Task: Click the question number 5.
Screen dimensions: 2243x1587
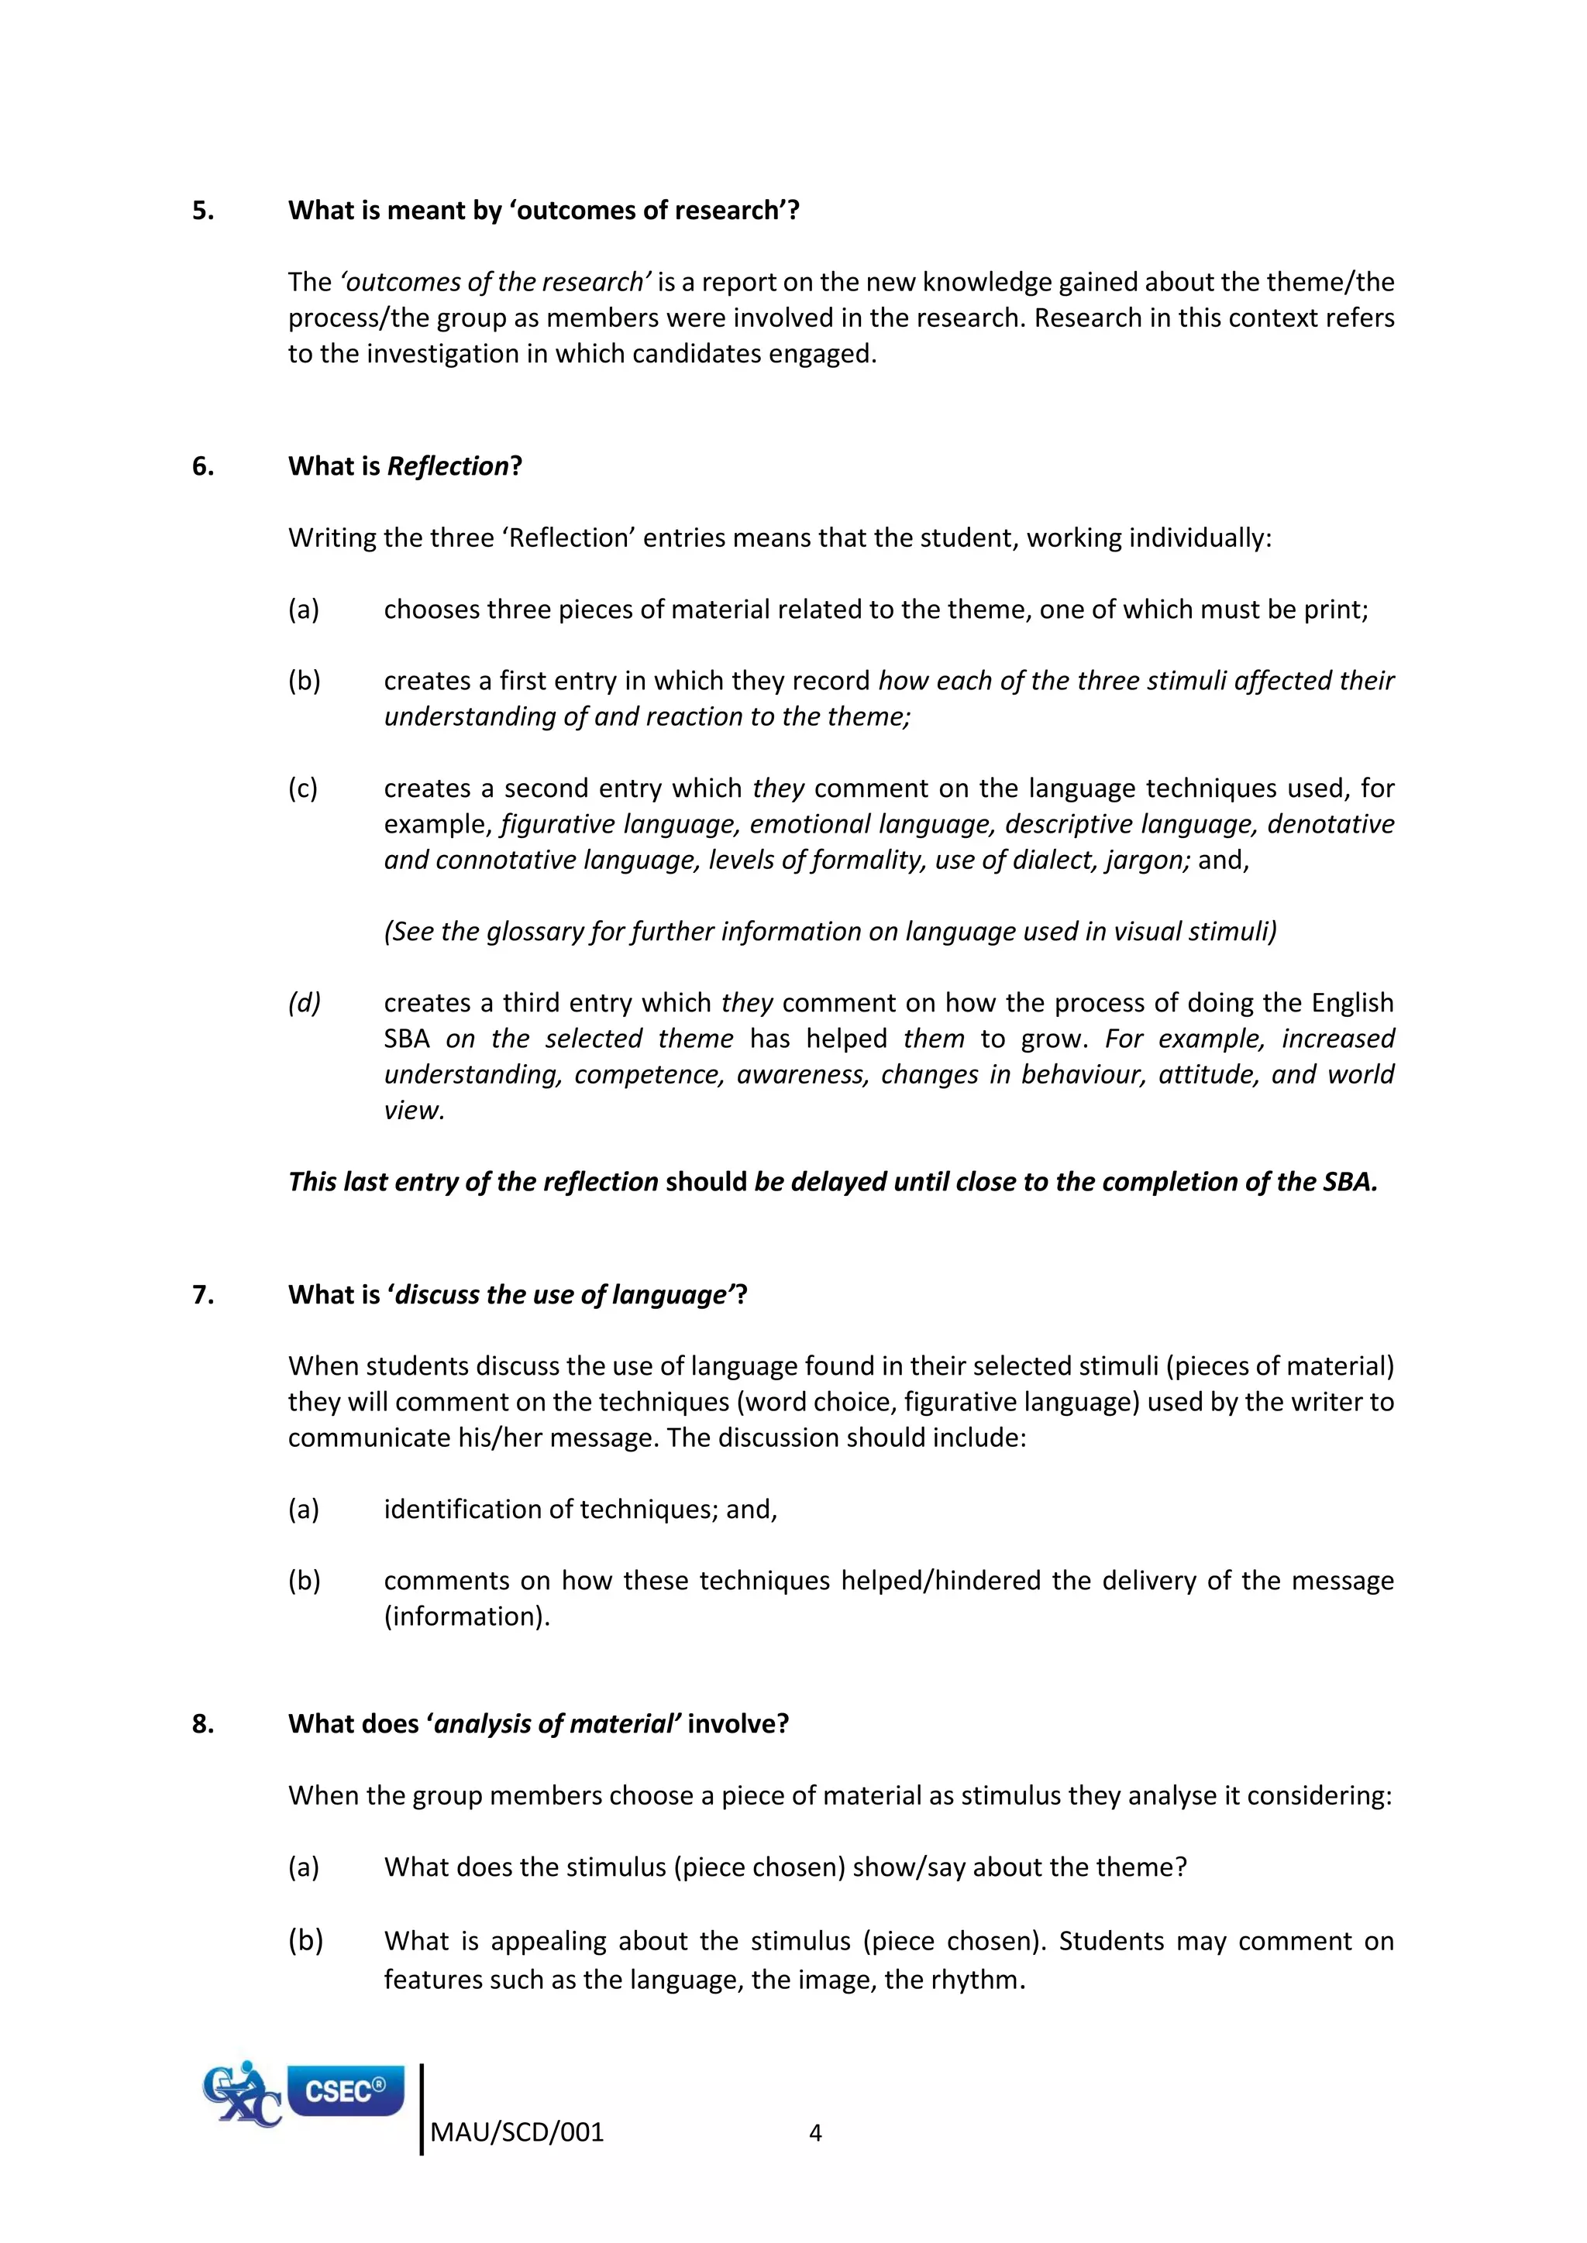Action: (202, 211)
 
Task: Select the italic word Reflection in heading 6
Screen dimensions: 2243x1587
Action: (448, 467)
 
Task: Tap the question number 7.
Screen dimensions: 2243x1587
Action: (202, 1296)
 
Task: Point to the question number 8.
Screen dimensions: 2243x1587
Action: (202, 1724)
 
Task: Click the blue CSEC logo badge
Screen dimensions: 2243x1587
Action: (345, 2090)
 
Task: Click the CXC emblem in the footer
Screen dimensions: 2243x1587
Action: (240, 2094)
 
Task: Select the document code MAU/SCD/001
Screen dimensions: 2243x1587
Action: (517, 2132)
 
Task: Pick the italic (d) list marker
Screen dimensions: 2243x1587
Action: (304, 1003)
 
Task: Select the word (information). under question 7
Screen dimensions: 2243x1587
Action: (466, 1616)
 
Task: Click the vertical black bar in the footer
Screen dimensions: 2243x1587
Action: (422, 2109)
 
